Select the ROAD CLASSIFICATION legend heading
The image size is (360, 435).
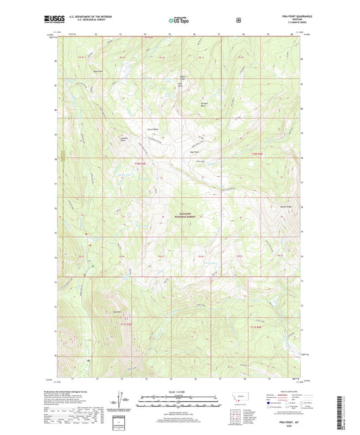(286, 391)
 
